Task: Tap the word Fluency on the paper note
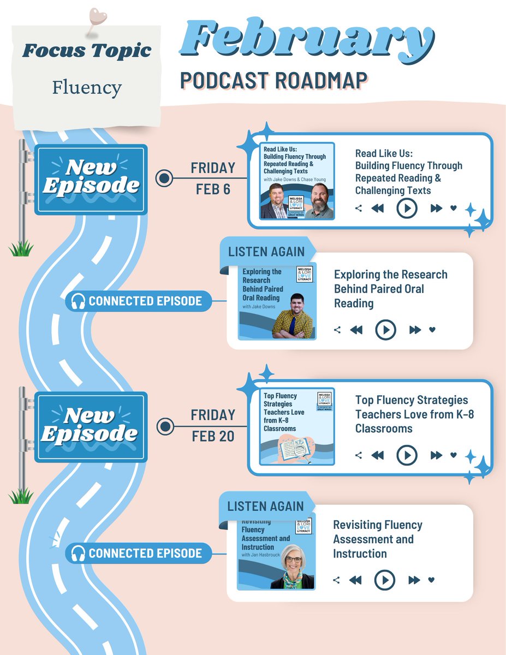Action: pyautogui.click(x=87, y=87)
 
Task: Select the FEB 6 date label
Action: pyautogui.click(x=213, y=190)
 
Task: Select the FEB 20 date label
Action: pyautogui.click(x=213, y=437)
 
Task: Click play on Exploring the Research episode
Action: pyautogui.click(x=385, y=330)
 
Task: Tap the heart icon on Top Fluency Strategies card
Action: pyautogui.click(x=453, y=455)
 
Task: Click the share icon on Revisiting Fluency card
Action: pyautogui.click(x=336, y=580)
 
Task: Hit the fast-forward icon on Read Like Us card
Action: pyautogui.click(x=436, y=208)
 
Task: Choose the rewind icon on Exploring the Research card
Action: pyautogui.click(x=356, y=330)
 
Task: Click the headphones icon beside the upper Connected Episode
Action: pyautogui.click(x=78, y=301)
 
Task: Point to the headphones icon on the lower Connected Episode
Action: pyautogui.click(x=78, y=553)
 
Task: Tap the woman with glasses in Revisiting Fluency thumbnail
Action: pyautogui.click(x=293, y=569)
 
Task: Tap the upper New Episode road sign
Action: pyautogui.click(x=91, y=178)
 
